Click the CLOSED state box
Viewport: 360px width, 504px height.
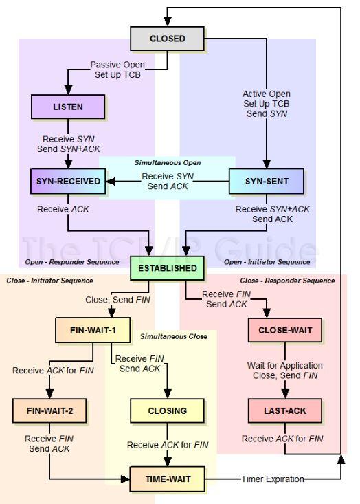(167, 39)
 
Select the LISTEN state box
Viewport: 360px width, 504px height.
(68, 107)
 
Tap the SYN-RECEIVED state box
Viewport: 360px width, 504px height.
(68, 182)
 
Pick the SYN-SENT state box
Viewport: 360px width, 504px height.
(267, 182)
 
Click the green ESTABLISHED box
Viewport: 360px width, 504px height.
(167, 268)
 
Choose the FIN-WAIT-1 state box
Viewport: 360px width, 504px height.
(93, 330)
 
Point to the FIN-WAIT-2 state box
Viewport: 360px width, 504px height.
(49, 410)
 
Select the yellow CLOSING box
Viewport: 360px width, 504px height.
(167, 410)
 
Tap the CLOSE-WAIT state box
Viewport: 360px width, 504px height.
(285, 330)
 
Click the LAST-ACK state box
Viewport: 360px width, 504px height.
(285, 410)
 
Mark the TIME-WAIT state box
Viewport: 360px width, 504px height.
(167, 479)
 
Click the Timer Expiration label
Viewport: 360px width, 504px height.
(273, 479)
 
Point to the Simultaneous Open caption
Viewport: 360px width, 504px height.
(168, 163)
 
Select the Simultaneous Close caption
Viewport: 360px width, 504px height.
(173, 336)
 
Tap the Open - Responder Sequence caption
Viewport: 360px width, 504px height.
(72, 262)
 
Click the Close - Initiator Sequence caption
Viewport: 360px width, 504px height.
(49, 281)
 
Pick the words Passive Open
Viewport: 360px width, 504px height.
(117, 65)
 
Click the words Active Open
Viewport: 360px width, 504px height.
(267, 94)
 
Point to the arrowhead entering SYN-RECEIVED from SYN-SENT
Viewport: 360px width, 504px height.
(111, 182)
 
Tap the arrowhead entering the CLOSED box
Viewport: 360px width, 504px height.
(167, 21)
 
